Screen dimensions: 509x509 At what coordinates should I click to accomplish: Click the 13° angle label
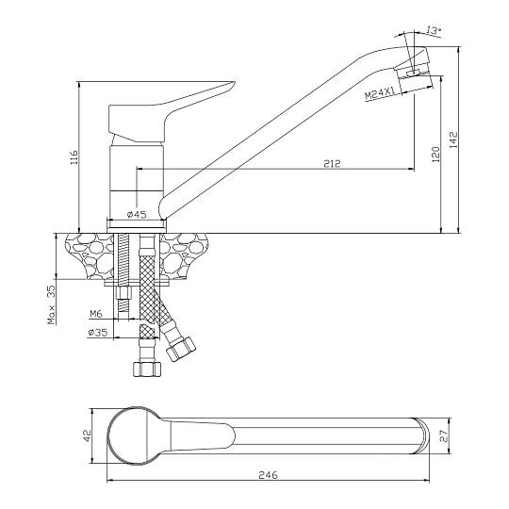click(x=434, y=30)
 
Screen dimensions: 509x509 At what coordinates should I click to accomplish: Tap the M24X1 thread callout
click(x=380, y=93)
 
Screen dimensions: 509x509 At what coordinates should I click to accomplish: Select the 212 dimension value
click(x=332, y=163)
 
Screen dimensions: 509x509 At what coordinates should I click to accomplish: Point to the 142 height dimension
click(x=453, y=140)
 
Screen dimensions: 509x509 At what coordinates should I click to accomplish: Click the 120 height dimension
click(x=436, y=155)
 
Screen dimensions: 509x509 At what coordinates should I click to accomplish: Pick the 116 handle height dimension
click(x=74, y=157)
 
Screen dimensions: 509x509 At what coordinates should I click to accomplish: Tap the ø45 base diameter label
click(x=137, y=214)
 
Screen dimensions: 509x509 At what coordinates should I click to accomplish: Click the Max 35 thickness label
click(x=52, y=304)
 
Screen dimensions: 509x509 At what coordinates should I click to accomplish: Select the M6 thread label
click(x=96, y=314)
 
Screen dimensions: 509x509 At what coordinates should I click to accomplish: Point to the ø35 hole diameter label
click(x=97, y=333)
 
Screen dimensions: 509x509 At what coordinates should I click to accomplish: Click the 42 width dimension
click(x=88, y=435)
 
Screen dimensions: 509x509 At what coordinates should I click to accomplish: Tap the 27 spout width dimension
click(x=444, y=436)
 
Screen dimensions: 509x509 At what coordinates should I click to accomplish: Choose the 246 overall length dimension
click(x=268, y=474)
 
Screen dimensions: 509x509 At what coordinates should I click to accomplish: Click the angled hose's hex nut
click(x=180, y=349)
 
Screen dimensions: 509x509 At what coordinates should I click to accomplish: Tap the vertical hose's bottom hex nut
click(x=147, y=369)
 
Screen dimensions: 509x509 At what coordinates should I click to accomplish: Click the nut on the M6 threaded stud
click(x=123, y=294)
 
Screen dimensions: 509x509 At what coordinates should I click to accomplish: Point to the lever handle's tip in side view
click(x=234, y=82)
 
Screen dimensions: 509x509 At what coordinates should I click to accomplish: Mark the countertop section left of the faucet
click(x=89, y=255)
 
